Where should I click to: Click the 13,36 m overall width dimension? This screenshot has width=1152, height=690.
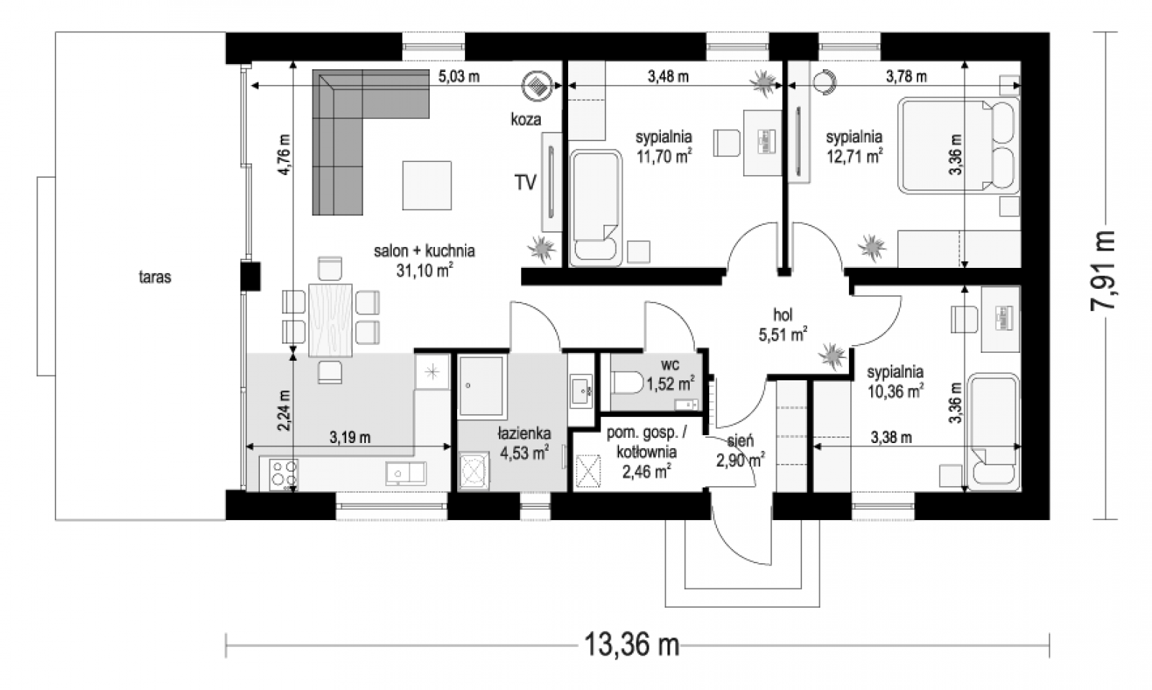pyautogui.click(x=632, y=644)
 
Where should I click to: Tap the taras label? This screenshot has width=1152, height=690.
pyautogui.click(x=155, y=277)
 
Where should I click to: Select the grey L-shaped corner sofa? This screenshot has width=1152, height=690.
pyautogui.click(x=355, y=129)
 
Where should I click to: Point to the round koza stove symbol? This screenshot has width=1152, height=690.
pyautogui.click(x=537, y=84)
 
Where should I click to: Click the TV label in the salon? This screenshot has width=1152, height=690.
pyautogui.click(x=526, y=182)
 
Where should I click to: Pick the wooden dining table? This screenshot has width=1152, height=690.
pyautogui.click(x=330, y=320)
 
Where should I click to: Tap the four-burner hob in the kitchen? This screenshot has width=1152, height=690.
pyautogui.click(x=284, y=473)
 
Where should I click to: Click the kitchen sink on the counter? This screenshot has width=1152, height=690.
pyautogui.click(x=406, y=473)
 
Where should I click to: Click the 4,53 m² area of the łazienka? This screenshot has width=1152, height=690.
pyautogui.click(x=524, y=453)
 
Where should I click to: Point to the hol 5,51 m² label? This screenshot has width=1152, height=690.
pyautogui.click(x=783, y=324)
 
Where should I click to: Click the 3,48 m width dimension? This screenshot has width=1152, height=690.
pyautogui.click(x=668, y=76)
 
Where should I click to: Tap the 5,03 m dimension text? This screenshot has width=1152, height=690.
pyautogui.click(x=459, y=76)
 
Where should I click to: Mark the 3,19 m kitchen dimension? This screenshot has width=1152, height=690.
pyautogui.click(x=350, y=437)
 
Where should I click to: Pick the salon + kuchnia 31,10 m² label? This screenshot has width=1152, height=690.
pyautogui.click(x=424, y=260)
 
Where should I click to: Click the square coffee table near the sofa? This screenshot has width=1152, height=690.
pyautogui.click(x=427, y=185)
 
